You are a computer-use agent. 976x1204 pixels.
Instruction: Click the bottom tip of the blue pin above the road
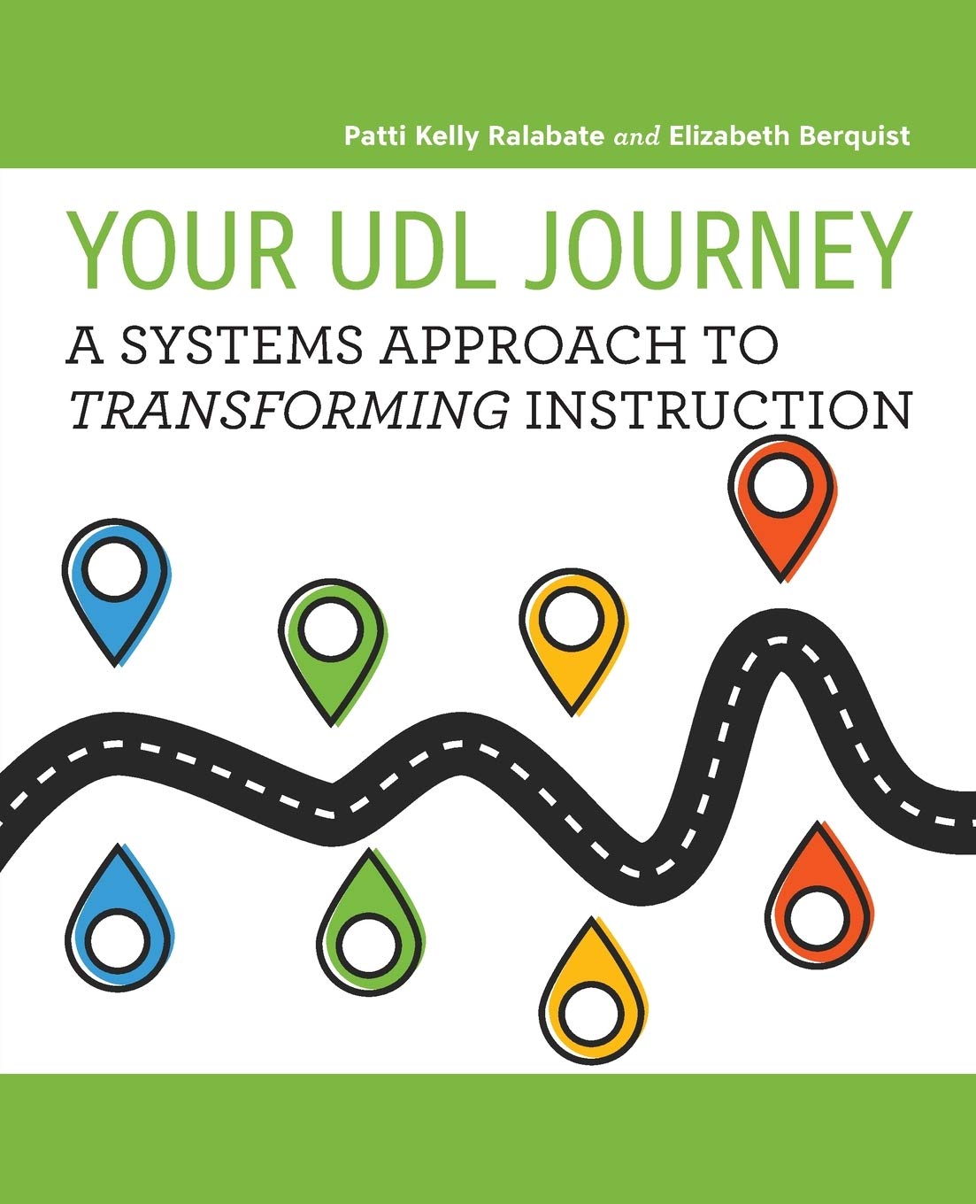[x=115, y=665]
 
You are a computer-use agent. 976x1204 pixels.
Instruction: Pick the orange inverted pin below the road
[x=819, y=894]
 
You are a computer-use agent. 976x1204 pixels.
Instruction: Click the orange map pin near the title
[x=782, y=509]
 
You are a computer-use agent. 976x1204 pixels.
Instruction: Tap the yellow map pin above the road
[x=573, y=642]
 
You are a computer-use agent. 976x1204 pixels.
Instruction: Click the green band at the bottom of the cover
[x=488, y=1138]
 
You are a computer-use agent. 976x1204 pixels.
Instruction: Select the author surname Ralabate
[x=546, y=136]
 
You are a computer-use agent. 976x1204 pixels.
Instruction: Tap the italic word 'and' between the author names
[x=636, y=137]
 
